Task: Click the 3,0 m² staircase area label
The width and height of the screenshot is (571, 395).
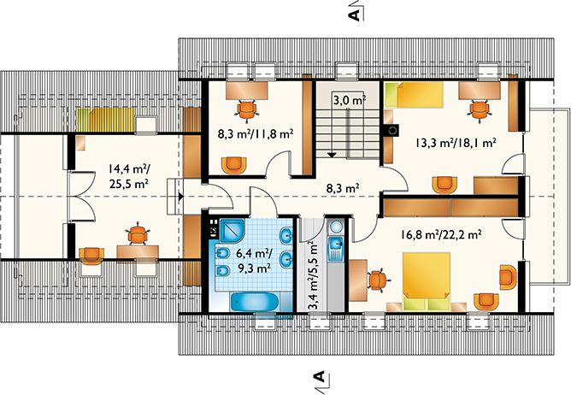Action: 350,100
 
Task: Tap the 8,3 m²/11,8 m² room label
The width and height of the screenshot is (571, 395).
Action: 256,134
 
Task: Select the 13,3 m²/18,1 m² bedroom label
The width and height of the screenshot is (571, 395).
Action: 455,143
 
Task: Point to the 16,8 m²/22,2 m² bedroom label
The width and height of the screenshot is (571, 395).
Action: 441,234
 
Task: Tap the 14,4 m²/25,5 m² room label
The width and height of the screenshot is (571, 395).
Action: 128,175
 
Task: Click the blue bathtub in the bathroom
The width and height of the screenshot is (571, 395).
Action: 255,303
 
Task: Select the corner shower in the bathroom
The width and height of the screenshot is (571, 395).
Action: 232,229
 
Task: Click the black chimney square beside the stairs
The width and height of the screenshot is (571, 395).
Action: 391,131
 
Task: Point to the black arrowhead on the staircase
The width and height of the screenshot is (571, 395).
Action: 332,155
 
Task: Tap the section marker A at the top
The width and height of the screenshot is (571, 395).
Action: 354,15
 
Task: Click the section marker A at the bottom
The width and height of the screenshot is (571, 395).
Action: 320,378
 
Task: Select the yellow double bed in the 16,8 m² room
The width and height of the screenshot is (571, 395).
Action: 427,281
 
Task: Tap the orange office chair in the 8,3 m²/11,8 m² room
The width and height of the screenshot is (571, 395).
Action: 247,109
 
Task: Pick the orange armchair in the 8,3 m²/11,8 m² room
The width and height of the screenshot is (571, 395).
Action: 233,165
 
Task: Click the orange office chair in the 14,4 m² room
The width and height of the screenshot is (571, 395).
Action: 138,233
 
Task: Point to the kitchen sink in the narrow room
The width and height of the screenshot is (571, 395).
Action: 335,248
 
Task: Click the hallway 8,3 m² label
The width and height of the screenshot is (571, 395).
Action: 343,188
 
